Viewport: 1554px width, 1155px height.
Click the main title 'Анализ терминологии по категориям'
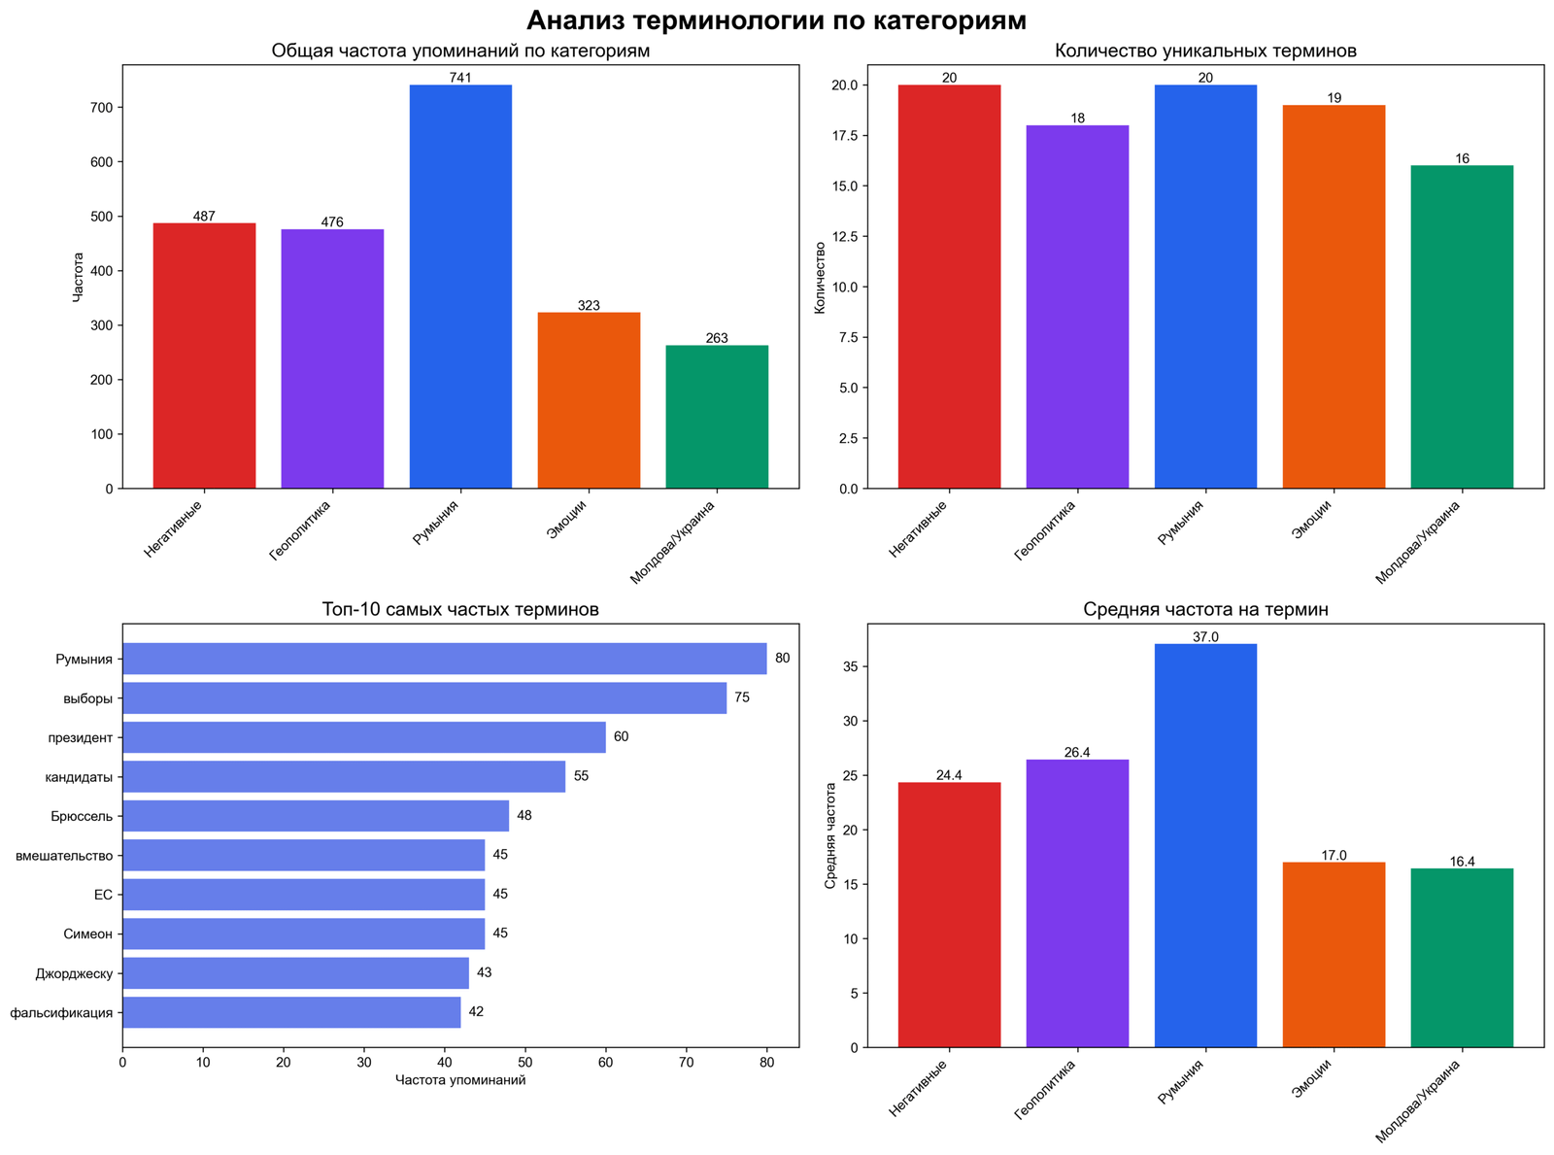pyautogui.click(x=776, y=20)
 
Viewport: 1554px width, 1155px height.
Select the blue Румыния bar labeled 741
pyautogui.click(x=460, y=287)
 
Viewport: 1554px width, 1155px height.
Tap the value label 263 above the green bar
pyautogui.click(x=717, y=338)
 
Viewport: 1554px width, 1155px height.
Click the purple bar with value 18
pyautogui.click(x=1077, y=306)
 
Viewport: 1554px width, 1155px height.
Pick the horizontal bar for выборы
pyautogui.click(x=424, y=697)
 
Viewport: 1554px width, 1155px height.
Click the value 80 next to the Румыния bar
pyautogui.click(x=782, y=659)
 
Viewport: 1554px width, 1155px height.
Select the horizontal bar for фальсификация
pyautogui.click(x=291, y=1012)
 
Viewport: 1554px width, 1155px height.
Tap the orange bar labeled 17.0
pyautogui.click(x=1334, y=954)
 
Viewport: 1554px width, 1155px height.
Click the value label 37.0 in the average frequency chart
pyautogui.click(x=1205, y=637)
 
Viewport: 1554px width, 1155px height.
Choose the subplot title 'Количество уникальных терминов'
pyautogui.click(x=1205, y=51)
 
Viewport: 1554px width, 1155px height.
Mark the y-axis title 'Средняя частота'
pyautogui.click(x=829, y=835)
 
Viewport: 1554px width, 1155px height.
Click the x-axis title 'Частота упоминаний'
pyautogui.click(x=460, y=1080)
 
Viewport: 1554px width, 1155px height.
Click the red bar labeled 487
pyautogui.click(x=204, y=356)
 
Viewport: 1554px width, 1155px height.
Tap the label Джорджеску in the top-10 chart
pyautogui.click(x=74, y=973)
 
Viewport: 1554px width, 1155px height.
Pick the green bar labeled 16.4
pyautogui.click(x=1462, y=957)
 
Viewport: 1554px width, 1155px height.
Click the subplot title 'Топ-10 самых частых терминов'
pyautogui.click(x=460, y=610)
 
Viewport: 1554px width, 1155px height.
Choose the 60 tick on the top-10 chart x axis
pyautogui.click(x=606, y=1062)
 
